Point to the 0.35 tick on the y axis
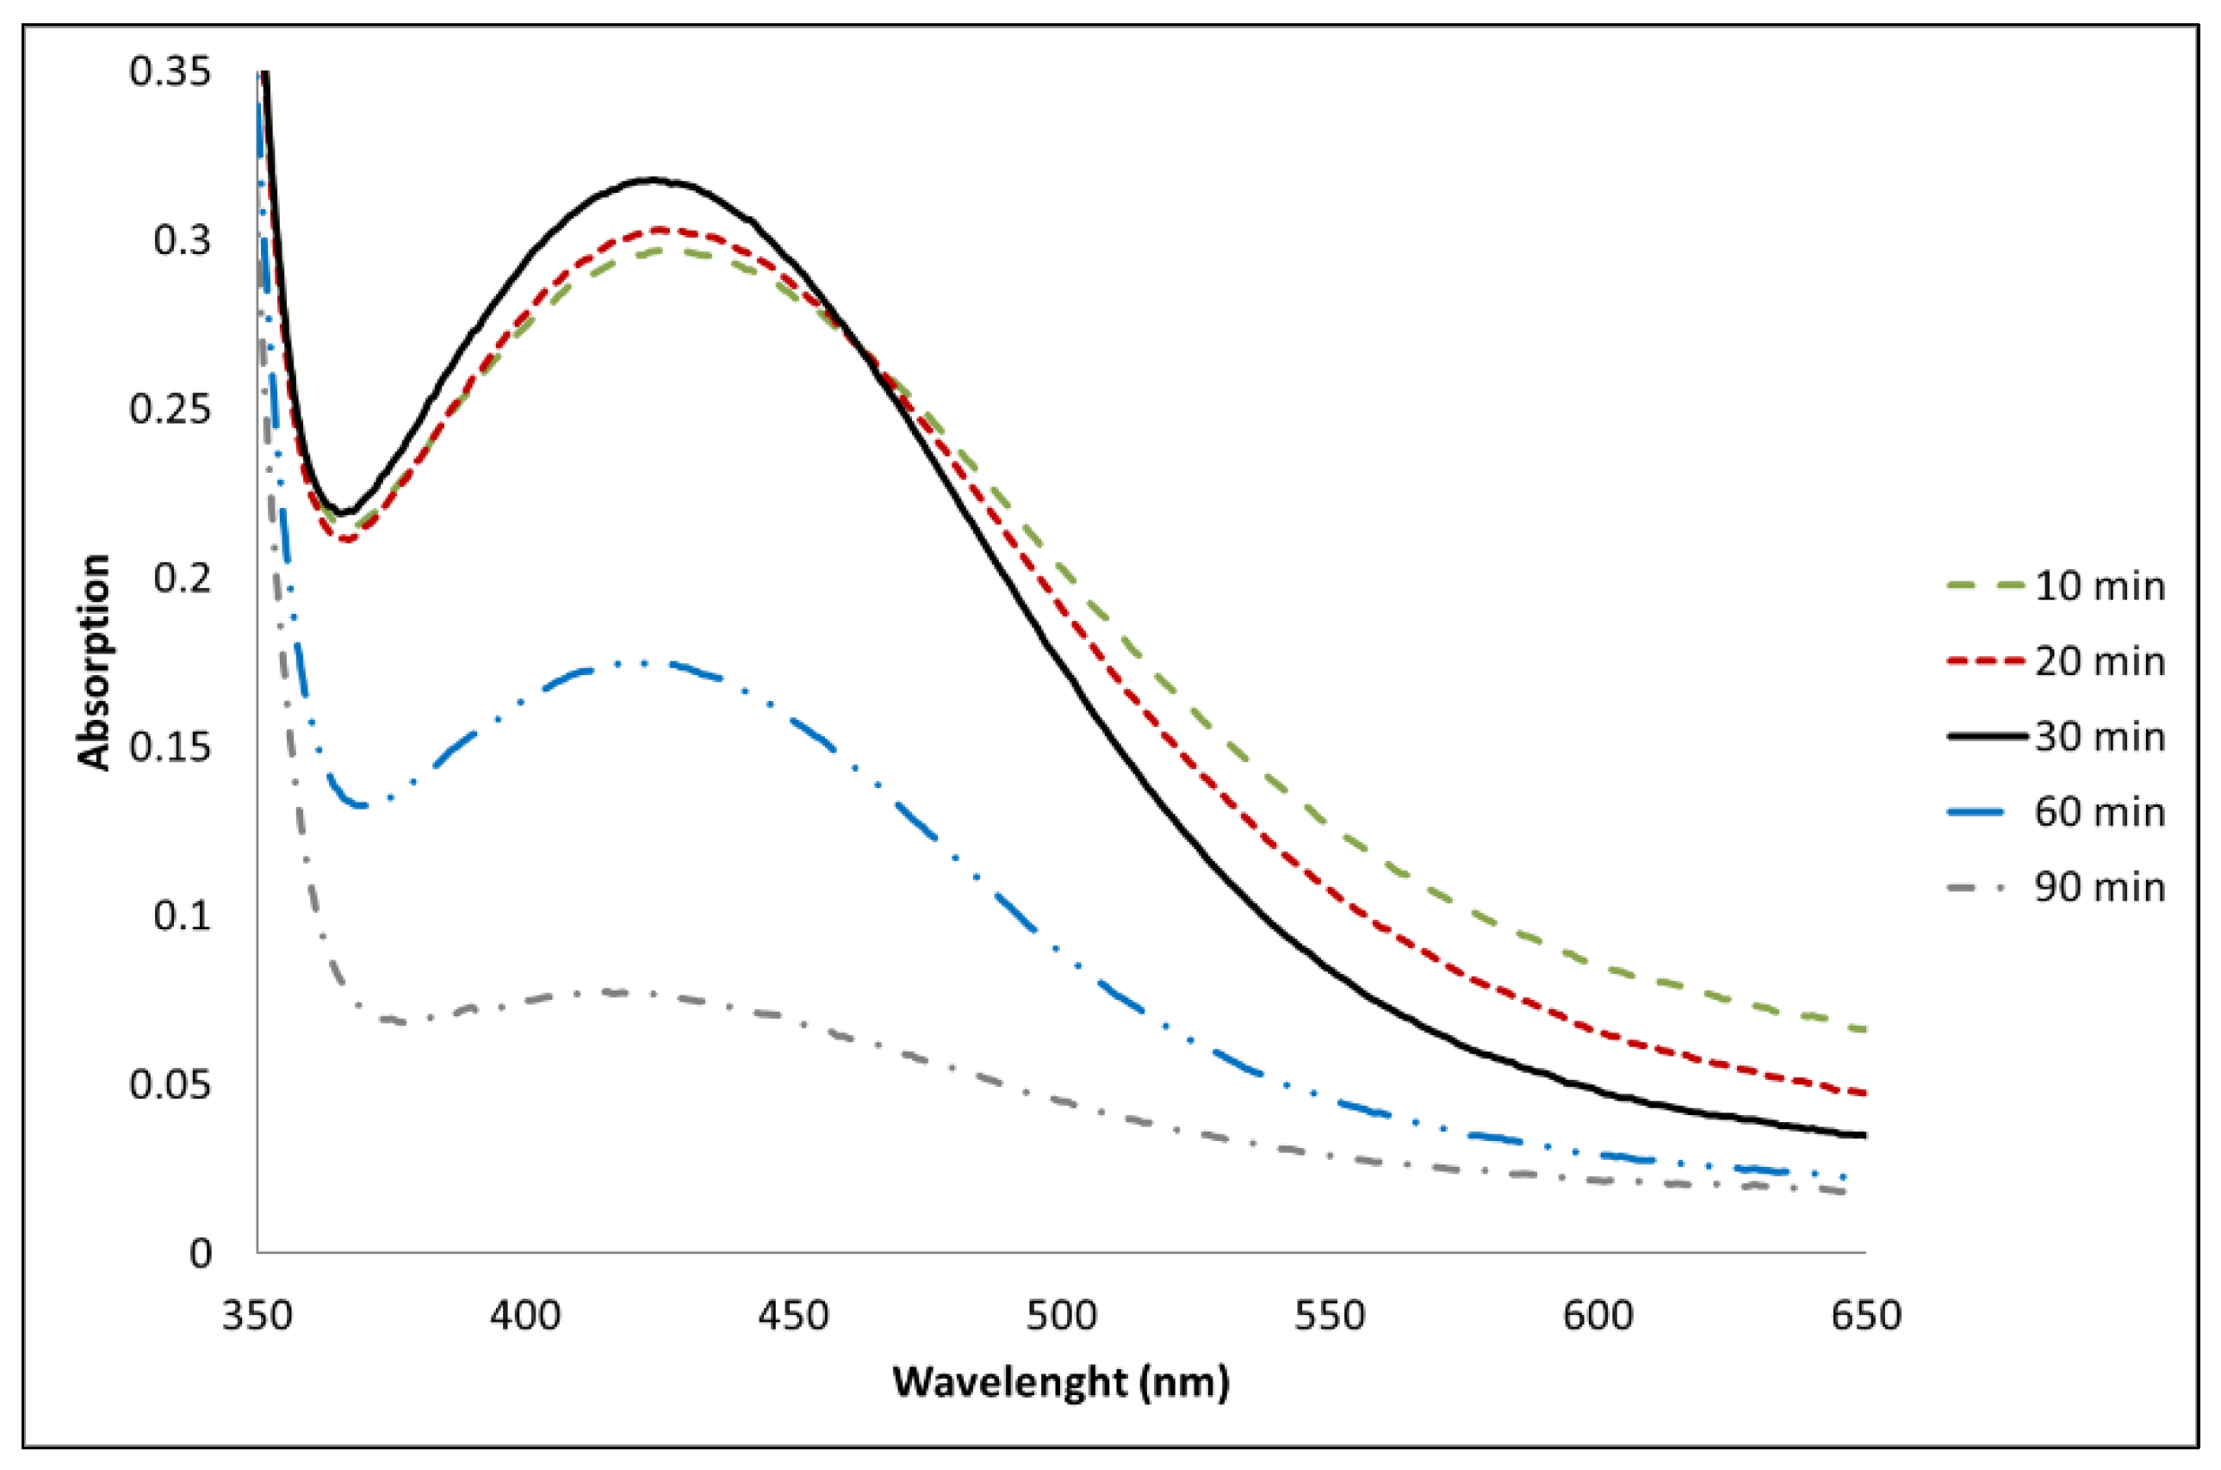pyautogui.click(x=170, y=72)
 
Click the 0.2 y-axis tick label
pyautogui.click(x=182, y=579)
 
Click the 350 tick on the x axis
pyautogui.click(x=257, y=1315)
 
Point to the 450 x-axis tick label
pyautogui.click(x=793, y=1315)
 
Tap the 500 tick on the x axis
pyautogui.click(x=1061, y=1315)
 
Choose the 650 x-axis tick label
pyautogui.click(x=1865, y=1315)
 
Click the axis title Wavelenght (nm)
pyautogui.click(x=1060, y=1382)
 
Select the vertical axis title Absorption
pyautogui.click(x=94, y=662)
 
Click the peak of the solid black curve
pyautogui.click(x=652, y=179)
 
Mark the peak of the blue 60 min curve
pyautogui.click(x=647, y=663)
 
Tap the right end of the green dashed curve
pyautogui.click(x=1864, y=1029)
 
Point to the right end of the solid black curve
pyautogui.click(x=1864, y=1135)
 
